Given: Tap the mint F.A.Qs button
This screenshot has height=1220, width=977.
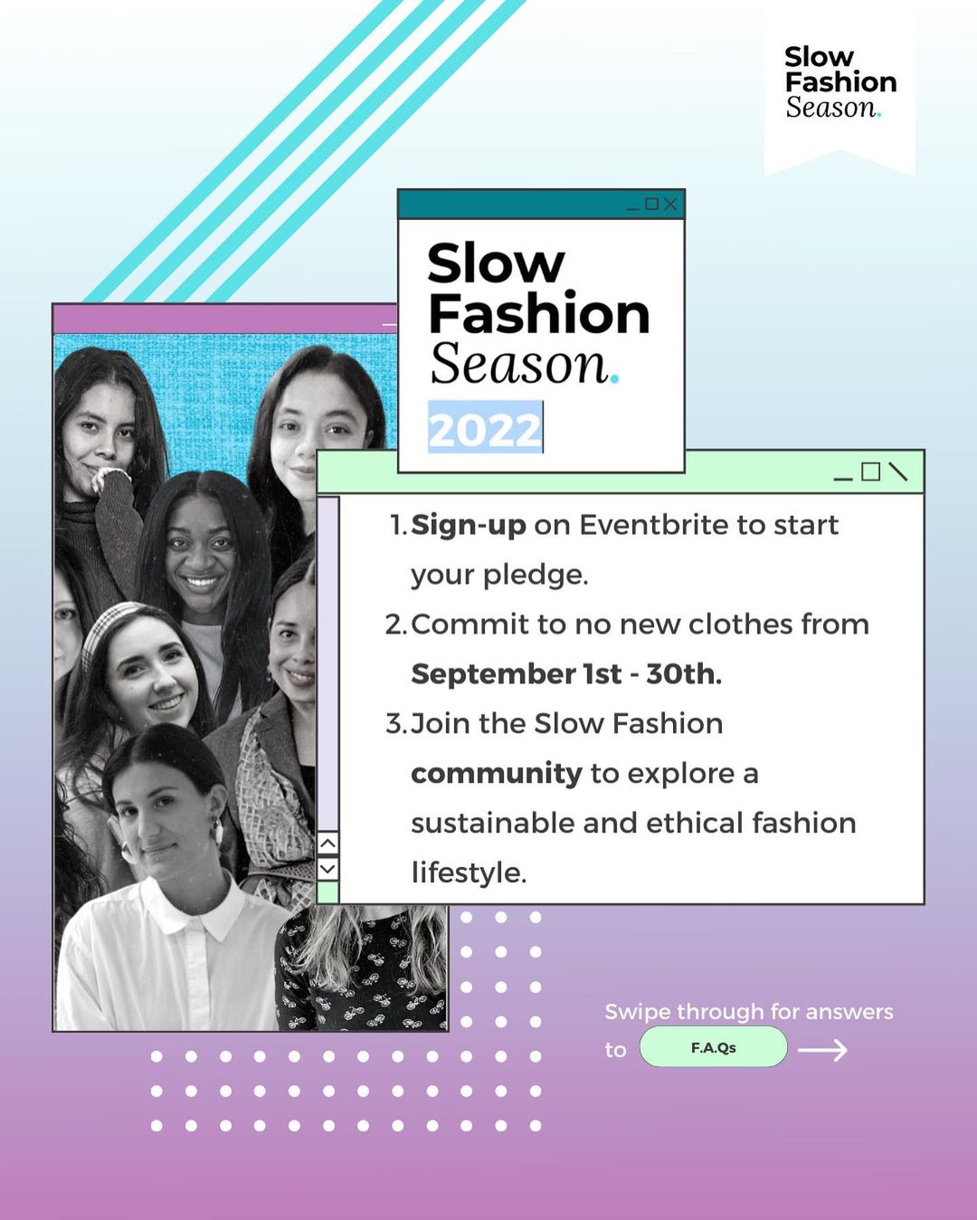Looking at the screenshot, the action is (713, 1048).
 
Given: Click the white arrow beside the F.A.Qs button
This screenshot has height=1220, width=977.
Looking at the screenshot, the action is (823, 1050).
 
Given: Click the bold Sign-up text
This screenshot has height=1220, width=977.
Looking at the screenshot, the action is (469, 526).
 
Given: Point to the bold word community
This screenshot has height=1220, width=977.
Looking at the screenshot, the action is (497, 774).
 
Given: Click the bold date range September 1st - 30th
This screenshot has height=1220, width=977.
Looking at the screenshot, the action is (566, 674).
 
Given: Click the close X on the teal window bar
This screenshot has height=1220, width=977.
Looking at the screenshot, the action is (669, 205).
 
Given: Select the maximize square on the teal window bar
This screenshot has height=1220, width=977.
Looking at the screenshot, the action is (651, 204).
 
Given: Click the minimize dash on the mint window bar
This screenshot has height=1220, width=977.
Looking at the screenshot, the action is (843, 479).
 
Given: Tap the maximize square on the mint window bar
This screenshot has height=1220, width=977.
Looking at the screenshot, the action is (870, 472).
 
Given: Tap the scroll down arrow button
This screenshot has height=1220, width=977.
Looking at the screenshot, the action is (327, 869).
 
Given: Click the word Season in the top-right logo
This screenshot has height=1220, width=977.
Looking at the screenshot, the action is (830, 107).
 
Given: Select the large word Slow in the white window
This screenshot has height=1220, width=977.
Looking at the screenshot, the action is (496, 263).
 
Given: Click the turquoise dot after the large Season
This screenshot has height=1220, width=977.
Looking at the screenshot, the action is (615, 379).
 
